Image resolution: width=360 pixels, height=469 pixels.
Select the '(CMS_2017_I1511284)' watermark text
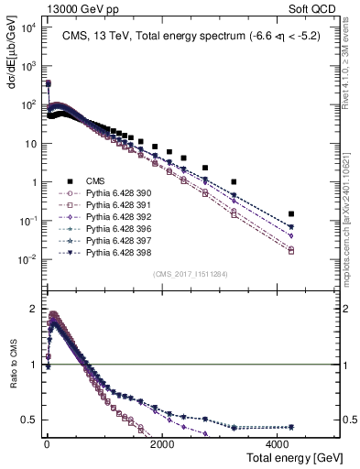pyautogui.click(x=190, y=274)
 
